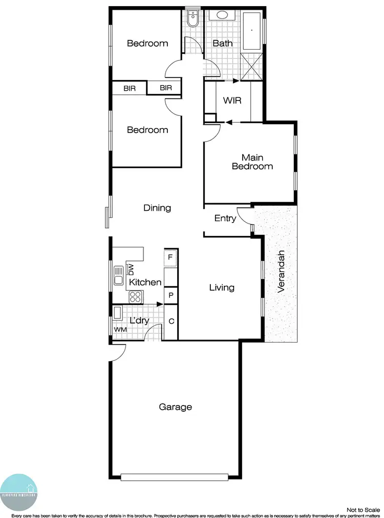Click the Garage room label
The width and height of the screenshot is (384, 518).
click(x=176, y=407)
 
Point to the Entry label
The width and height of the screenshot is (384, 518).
click(x=225, y=218)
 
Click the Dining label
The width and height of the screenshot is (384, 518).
click(x=157, y=208)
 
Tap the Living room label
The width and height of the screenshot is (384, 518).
click(x=222, y=288)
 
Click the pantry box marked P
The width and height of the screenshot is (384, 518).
click(x=170, y=295)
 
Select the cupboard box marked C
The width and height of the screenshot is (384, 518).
click(x=170, y=322)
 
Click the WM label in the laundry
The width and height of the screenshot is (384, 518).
click(x=120, y=329)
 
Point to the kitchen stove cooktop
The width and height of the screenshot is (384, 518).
click(x=135, y=296)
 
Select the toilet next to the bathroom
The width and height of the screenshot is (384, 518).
click(x=193, y=19)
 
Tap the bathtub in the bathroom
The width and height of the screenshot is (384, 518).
click(x=251, y=30)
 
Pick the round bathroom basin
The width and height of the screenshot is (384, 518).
click(x=223, y=15)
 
